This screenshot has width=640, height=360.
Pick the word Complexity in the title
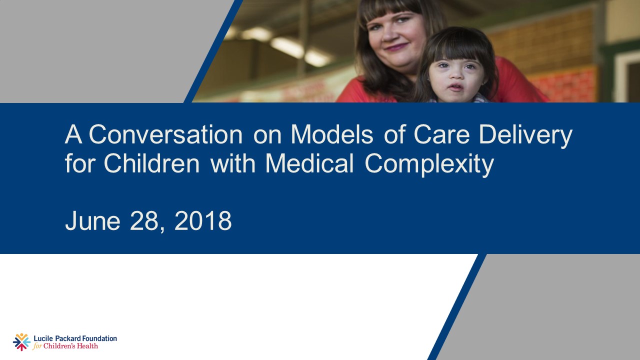tap(429, 164)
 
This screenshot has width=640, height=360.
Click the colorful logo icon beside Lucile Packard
tap(21, 342)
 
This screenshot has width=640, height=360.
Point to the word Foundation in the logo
tap(98, 338)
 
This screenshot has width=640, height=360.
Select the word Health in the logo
tap(88, 346)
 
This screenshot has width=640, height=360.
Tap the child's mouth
tap(454, 88)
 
